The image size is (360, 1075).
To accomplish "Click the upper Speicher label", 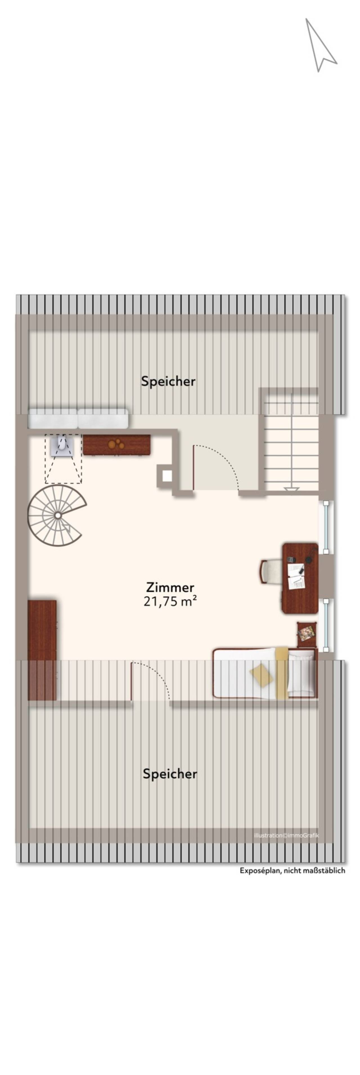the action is [168, 381].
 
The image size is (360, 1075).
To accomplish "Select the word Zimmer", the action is [170, 587].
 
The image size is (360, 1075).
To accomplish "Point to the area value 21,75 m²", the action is [170, 601].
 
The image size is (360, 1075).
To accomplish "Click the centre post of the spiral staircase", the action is [58, 515].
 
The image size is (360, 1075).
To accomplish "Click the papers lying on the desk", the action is [296, 576].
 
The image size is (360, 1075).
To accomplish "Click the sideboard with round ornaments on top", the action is [116, 445].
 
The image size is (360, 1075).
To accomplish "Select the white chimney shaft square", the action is [168, 476].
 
